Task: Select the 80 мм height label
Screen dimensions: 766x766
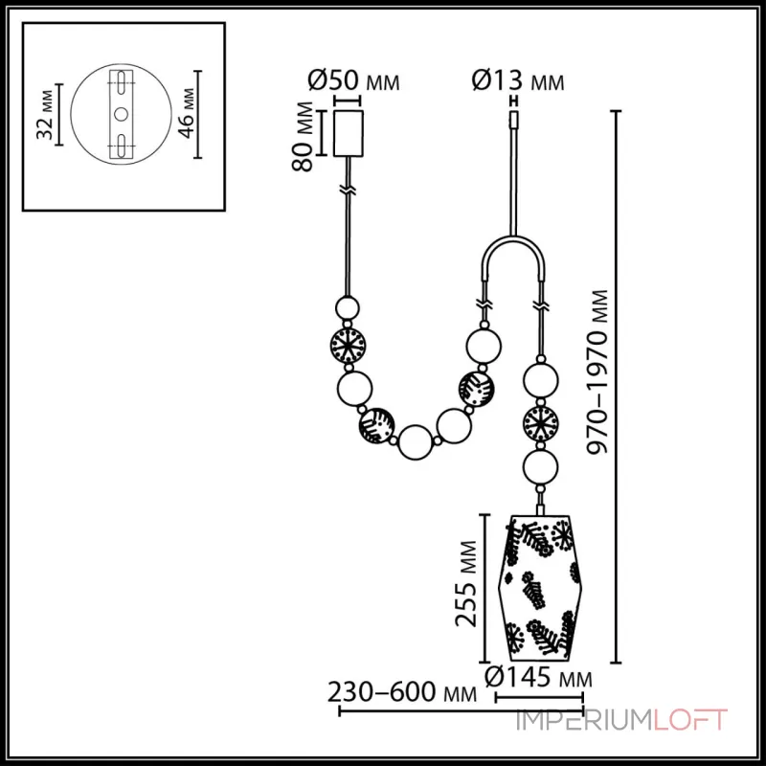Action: (x=304, y=135)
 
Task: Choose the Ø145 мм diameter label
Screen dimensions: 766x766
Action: (x=535, y=678)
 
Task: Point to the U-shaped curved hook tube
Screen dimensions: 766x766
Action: (x=513, y=251)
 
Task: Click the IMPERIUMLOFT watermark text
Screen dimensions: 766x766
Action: (x=621, y=720)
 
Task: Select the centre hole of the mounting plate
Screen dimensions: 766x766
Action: (x=122, y=113)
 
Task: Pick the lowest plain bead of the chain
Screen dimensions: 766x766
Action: (x=415, y=441)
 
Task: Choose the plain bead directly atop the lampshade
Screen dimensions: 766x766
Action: (x=539, y=468)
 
